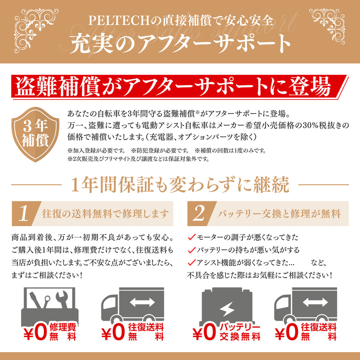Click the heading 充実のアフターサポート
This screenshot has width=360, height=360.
[180, 43]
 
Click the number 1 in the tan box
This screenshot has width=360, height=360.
[25, 213]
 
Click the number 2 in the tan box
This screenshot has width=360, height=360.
[199, 213]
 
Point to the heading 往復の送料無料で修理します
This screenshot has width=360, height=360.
[105, 214]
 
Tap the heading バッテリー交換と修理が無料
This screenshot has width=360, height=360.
[279, 214]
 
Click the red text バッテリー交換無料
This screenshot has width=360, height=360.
[239, 332]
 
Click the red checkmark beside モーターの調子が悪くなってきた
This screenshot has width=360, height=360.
[191, 238]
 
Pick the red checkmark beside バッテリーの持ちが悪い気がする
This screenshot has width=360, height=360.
[191, 250]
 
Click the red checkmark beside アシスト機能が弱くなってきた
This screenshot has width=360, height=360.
[191, 263]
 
